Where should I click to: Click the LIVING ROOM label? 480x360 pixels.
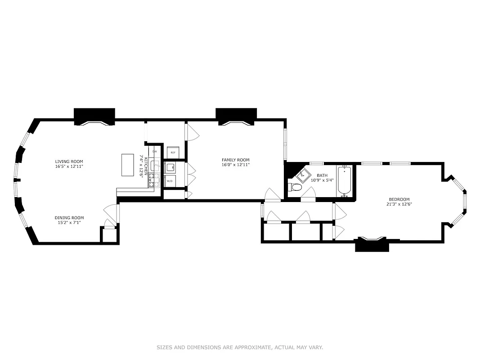(69, 162)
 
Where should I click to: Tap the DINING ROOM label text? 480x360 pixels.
(69, 218)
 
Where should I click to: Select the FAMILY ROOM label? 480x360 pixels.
(235, 160)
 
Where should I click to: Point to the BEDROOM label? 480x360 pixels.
(399, 199)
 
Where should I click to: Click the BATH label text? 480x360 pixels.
(322, 175)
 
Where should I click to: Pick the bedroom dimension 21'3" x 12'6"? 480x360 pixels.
(399, 204)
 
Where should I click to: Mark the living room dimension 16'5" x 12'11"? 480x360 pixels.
(69, 166)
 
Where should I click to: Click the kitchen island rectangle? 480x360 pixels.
(128, 166)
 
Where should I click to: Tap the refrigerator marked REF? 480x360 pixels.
(173, 153)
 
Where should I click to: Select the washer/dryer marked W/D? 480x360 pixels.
(170, 181)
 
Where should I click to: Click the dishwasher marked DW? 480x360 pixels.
(154, 151)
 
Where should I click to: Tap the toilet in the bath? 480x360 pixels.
(295, 187)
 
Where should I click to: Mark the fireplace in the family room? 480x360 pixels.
(236, 117)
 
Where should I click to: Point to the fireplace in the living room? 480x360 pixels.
(94, 117)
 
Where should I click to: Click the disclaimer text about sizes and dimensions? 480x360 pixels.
(240, 347)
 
